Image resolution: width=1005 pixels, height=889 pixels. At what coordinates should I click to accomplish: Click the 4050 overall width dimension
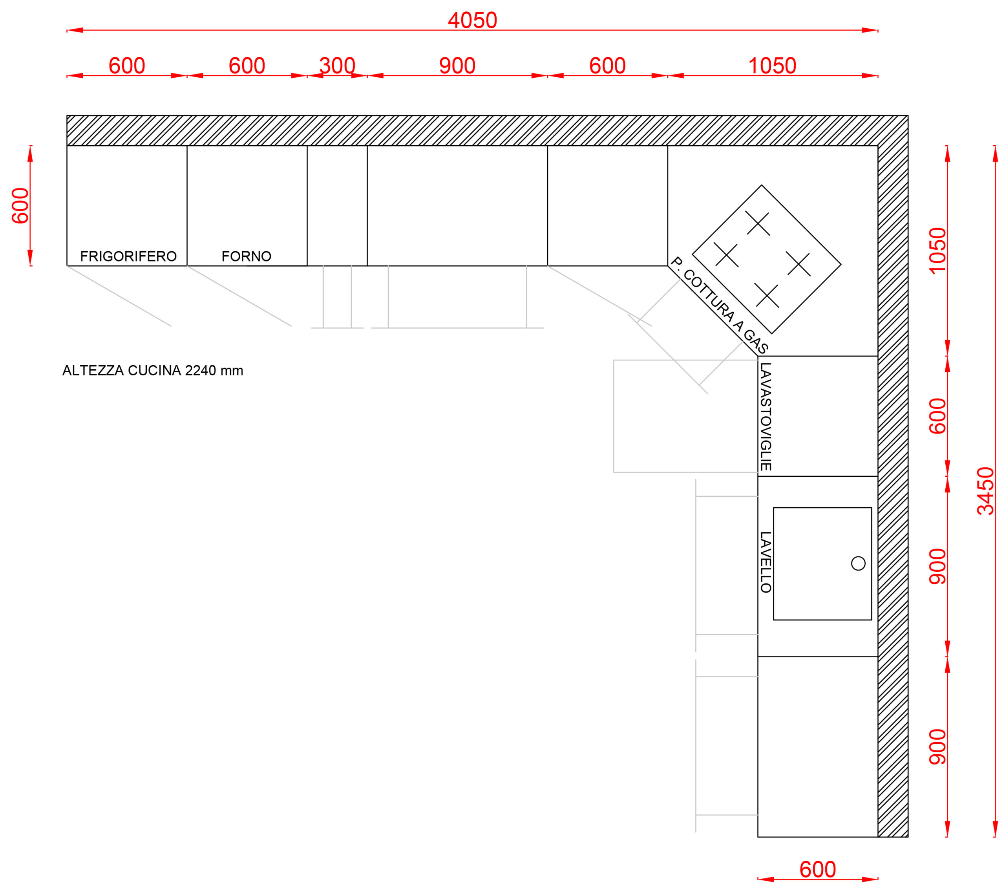pos(473,21)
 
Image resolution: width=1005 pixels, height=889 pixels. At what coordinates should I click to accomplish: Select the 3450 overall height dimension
pos(985,491)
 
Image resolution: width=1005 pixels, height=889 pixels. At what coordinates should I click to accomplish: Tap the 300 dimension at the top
pos(337,66)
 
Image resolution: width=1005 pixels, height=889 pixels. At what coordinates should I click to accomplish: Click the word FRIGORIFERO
pos(128,256)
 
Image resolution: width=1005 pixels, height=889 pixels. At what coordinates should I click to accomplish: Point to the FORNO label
pos(246,256)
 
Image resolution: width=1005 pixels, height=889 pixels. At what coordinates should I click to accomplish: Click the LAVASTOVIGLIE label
pos(766,417)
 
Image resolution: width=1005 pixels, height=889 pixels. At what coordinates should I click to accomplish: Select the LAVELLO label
pos(766,562)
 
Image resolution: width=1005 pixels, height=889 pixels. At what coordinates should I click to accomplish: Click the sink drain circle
pos(858,563)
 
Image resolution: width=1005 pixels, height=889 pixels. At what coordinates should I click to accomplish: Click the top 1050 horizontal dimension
pos(772,66)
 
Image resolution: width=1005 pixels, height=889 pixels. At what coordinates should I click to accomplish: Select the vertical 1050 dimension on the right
pos(937,250)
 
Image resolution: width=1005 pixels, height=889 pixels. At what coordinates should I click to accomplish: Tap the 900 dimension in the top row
pos(457,66)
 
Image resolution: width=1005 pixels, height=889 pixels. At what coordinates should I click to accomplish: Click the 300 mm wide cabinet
pos(337,205)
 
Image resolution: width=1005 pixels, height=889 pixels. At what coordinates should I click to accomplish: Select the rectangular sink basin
pos(822,563)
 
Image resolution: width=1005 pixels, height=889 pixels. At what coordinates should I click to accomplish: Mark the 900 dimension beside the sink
pos(937,567)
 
